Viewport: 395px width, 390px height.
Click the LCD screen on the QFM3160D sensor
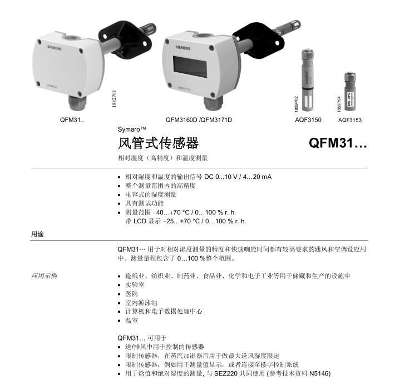click(x=190, y=67)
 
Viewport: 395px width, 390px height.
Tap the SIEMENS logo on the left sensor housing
click(x=55, y=48)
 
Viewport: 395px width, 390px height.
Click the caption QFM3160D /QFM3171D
click(x=199, y=120)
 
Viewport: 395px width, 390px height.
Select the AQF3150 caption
click(x=308, y=120)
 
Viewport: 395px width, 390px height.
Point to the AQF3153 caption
click(x=349, y=120)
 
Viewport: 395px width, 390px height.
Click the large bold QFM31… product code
click(x=338, y=143)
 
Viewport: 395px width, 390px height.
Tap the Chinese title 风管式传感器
click(x=158, y=143)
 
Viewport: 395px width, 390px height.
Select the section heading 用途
click(x=37, y=234)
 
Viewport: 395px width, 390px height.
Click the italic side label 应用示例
click(x=44, y=276)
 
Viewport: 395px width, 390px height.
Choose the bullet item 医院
click(x=131, y=294)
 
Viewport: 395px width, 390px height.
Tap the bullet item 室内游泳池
click(x=141, y=302)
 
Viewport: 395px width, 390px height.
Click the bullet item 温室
click(x=131, y=321)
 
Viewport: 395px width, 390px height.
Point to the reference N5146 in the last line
click(x=319, y=373)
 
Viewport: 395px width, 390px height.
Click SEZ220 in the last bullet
click(x=226, y=373)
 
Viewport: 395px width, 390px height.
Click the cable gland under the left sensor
click(x=77, y=103)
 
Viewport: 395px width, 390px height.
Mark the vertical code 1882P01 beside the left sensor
click(x=114, y=99)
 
